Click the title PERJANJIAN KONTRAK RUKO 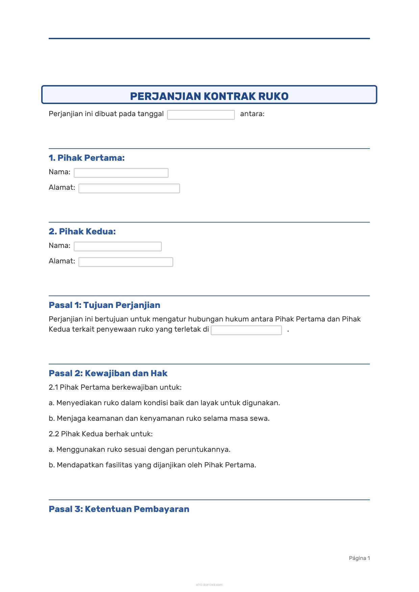point(209,96)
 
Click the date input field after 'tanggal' point(201,115)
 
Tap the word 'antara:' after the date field point(252,114)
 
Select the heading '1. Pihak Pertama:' point(87,158)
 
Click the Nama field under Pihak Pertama point(121,173)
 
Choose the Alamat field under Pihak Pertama point(129,188)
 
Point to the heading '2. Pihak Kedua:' point(82,231)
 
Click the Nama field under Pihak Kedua point(118,247)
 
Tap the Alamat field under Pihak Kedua point(126,262)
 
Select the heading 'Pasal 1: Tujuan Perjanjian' point(104,305)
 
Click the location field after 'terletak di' point(246,330)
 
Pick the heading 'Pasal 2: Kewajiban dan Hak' point(108,373)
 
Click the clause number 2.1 point(53,387)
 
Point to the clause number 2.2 point(54,434)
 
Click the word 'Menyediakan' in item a point(76,403)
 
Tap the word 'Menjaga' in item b point(71,418)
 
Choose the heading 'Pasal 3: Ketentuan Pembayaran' point(119,509)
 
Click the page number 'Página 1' point(359,558)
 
